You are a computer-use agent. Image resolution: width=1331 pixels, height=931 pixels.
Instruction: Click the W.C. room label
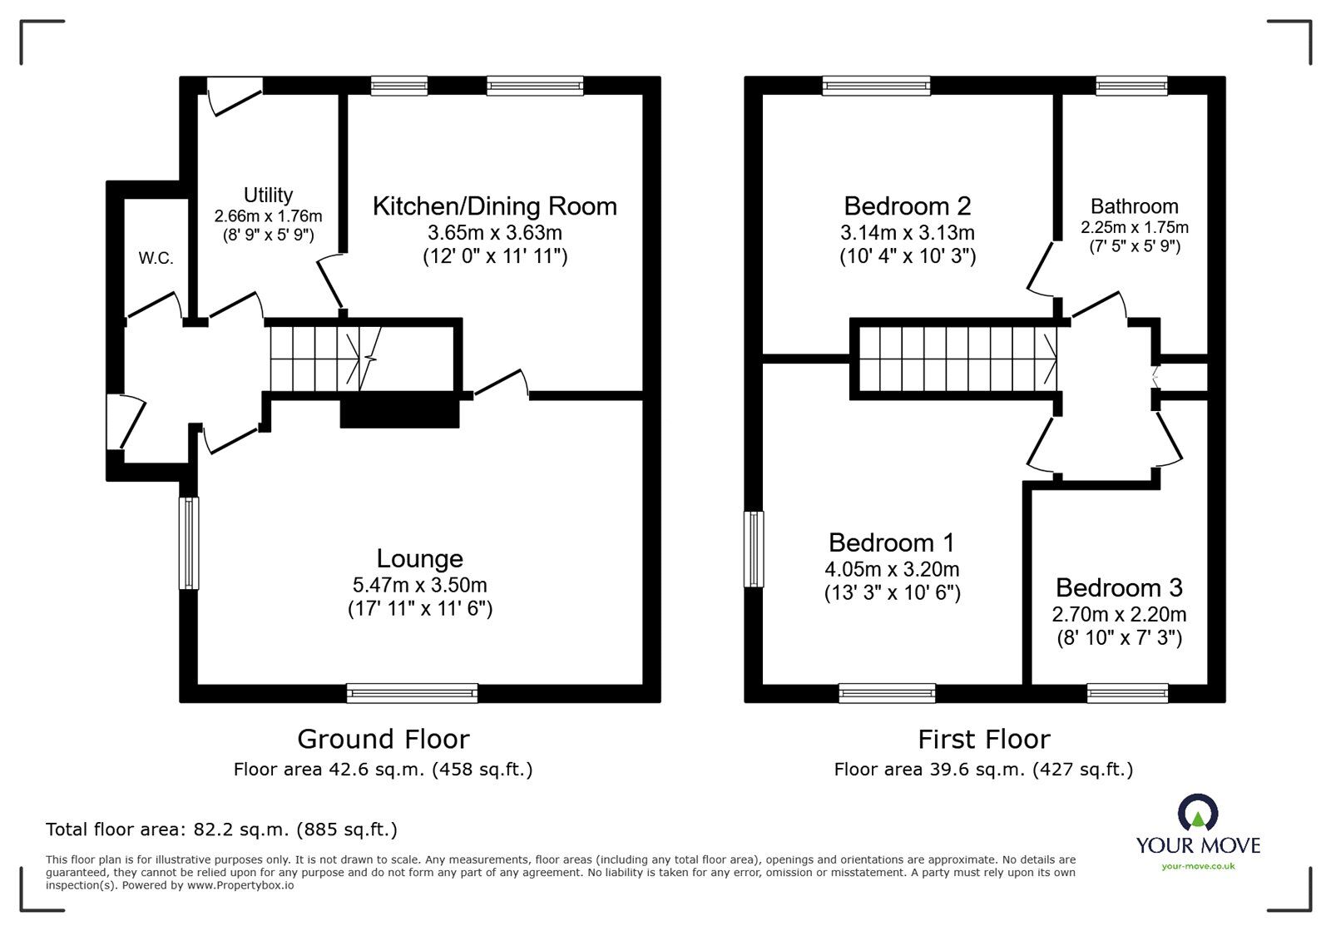pyautogui.click(x=156, y=259)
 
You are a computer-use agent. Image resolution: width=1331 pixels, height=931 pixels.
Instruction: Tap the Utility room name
pyautogui.click(x=268, y=195)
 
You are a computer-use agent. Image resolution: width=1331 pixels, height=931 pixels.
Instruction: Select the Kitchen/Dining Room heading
pyautogui.click(x=494, y=206)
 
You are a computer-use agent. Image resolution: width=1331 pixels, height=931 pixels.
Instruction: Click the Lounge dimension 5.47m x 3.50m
pyautogui.click(x=419, y=585)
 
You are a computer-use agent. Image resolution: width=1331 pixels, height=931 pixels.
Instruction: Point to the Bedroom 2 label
pyautogui.click(x=907, y=206)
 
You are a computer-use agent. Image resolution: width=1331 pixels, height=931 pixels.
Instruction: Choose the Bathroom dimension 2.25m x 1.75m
pyautogui.click(x=1134, y=227)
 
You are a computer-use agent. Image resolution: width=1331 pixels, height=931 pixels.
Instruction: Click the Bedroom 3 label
pyautogui.click(x=1119, y=588)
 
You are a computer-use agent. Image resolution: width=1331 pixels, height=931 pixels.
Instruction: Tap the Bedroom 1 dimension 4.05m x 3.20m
pyautogui.click(x=892, y=570)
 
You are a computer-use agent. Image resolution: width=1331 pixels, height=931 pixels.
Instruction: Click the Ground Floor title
pyautogui.click(x=383, y=739)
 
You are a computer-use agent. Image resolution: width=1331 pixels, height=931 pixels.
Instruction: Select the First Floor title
pyautogui.click(x=983, y=739)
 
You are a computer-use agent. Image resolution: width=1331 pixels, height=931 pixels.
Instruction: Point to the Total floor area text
pyautogui.click(x=221, y=829)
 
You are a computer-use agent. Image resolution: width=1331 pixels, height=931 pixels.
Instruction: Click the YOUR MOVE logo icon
pyautogui.click(x=1198, y=813)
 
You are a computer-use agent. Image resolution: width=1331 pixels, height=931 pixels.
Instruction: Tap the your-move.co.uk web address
pyautogui.click(x=1198, y=866)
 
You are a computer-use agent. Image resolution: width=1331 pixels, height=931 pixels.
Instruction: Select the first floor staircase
pyautogui.click(x=957, y=359)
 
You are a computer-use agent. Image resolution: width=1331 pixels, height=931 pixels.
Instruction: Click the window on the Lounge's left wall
pyautogui.click(x=190, y=543)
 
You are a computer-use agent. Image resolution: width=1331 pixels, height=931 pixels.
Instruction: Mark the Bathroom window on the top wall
pyautogui.click(x=1131, y=85)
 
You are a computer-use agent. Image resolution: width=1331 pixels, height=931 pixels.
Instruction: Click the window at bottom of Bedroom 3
pyautogui.click(x=1127, y=692)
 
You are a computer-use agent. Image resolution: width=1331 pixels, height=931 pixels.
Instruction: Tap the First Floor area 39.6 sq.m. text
pyautogui.click(x=983, y=770)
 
